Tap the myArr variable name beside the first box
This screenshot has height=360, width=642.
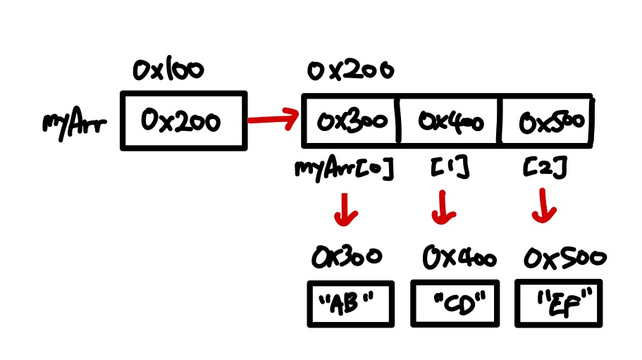[73, 125]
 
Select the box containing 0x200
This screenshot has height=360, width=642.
[184, 121]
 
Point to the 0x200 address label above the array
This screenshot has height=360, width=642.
[350, 70]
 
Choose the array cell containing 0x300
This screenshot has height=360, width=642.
[351, 121]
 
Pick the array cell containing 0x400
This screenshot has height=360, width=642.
[450, 121]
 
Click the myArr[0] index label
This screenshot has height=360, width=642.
[343, 170]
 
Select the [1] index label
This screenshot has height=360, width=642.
[449, 169]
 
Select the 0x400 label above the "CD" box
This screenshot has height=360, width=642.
[458, 258]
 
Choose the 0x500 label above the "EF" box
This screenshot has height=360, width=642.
[564, 259]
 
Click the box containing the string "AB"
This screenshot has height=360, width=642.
[350, 304]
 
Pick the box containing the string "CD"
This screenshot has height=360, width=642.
[455, 304]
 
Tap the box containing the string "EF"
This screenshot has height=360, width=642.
[560, 304]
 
